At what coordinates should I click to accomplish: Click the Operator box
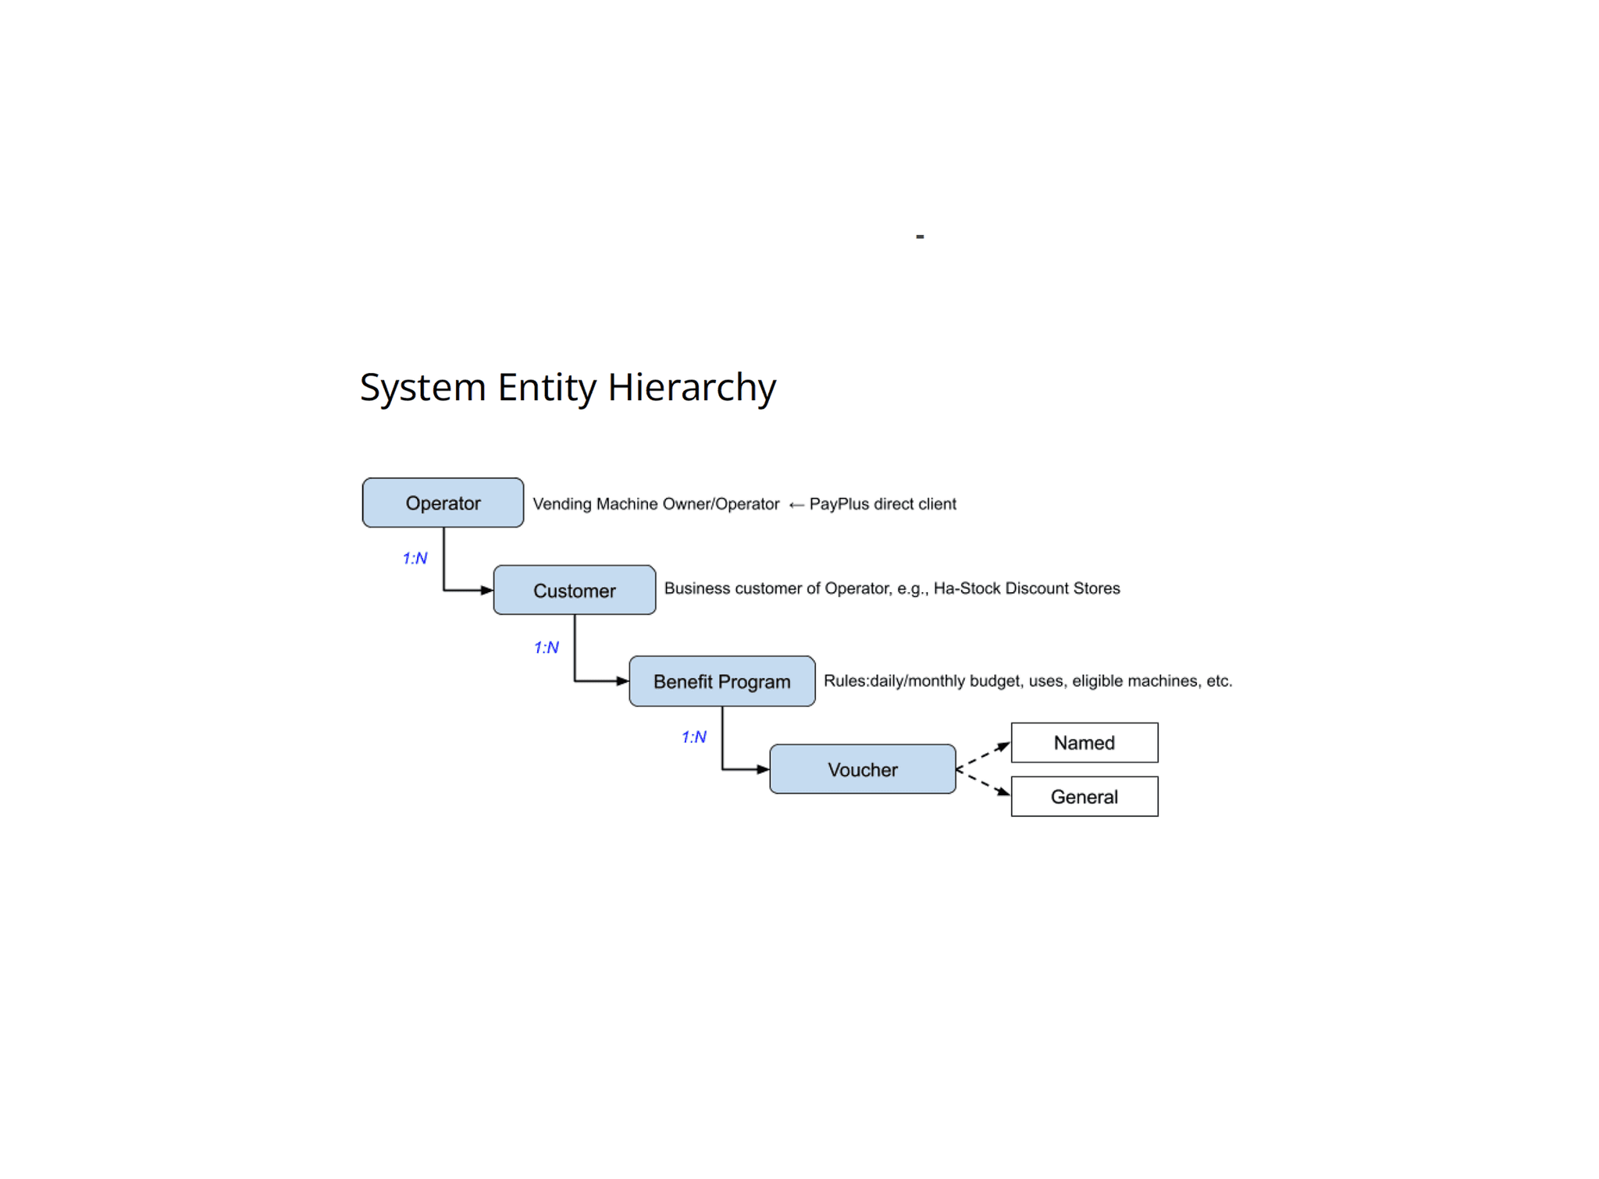443,502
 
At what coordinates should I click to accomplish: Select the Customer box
575,590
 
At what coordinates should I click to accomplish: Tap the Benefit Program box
722,681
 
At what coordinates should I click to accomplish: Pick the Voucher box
863,769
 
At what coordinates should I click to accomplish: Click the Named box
1084,743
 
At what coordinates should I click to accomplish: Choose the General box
1084,797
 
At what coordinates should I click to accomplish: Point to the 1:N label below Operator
415,558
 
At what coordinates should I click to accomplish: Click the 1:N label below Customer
547,648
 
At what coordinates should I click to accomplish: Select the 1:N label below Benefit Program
694,737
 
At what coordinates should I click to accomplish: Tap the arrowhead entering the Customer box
486,591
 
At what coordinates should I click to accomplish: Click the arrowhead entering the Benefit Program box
622,681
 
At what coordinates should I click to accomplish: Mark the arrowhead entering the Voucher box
763,769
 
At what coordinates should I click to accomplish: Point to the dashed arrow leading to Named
984,755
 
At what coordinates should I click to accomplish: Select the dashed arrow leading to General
984,783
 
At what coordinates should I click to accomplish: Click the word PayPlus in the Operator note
839,504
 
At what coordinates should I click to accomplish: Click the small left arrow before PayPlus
796,506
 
